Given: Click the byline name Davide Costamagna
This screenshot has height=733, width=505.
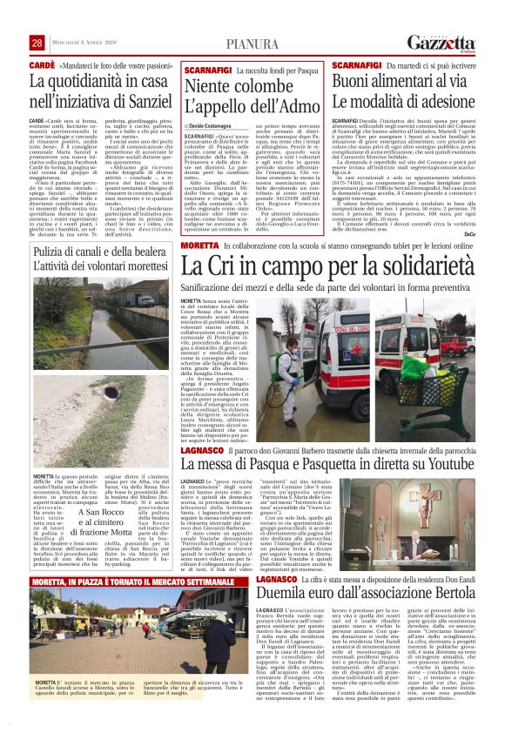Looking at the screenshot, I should (219, 126).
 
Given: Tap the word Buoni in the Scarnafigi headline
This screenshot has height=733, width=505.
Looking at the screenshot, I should (352, 78).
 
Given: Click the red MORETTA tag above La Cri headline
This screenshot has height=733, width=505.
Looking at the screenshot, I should (199, 247).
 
